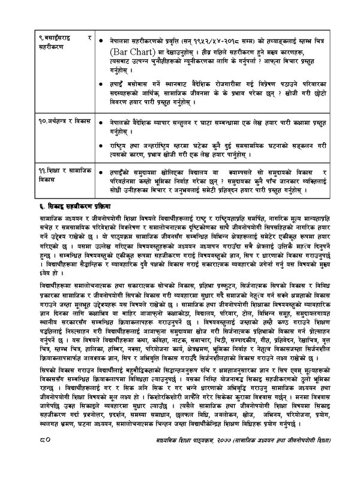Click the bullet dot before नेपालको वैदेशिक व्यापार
click(x=103, y=122)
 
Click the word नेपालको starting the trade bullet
click(x=122, y=122)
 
